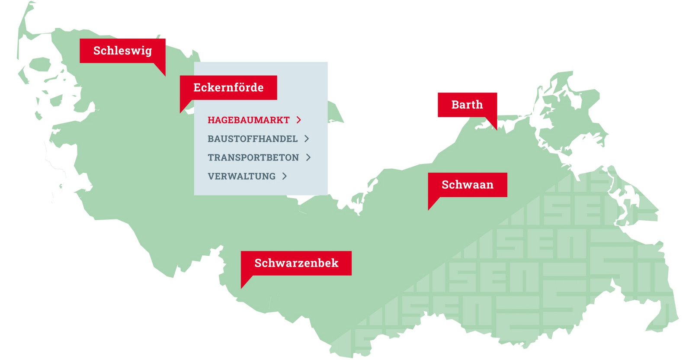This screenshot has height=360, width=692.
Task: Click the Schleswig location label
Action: click(122, 51)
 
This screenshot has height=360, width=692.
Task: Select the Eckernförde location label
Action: click(228, 87)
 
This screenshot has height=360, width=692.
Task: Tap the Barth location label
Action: click(467, 105)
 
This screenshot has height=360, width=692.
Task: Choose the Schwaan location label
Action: click(467, 185)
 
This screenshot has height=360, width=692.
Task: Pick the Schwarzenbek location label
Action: click(296, 263)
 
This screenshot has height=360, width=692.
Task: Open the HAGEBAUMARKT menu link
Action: click(248, 120)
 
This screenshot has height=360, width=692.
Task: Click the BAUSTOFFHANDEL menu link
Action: click(253, 139)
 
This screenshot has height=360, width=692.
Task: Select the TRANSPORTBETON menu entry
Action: click(253, 157)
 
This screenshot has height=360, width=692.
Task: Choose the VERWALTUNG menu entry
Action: click(241, 177)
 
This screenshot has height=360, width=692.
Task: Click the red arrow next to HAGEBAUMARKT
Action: click(299, 120)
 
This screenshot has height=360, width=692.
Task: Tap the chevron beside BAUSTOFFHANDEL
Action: click(307, 138)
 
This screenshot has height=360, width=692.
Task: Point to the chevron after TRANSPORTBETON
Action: click(308, 157)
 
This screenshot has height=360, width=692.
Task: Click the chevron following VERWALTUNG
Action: click(285, 176)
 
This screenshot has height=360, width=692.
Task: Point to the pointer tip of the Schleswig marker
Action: click(165, 75)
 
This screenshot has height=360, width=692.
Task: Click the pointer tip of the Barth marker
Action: click(496, 129)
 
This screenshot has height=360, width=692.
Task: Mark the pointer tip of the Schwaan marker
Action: click(429, 209)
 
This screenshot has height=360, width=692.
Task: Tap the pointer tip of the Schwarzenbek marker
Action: click(242, 288)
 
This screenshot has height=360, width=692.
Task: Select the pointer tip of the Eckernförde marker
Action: click(181, 112)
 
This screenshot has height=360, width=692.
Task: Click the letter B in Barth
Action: click(455, 105)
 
